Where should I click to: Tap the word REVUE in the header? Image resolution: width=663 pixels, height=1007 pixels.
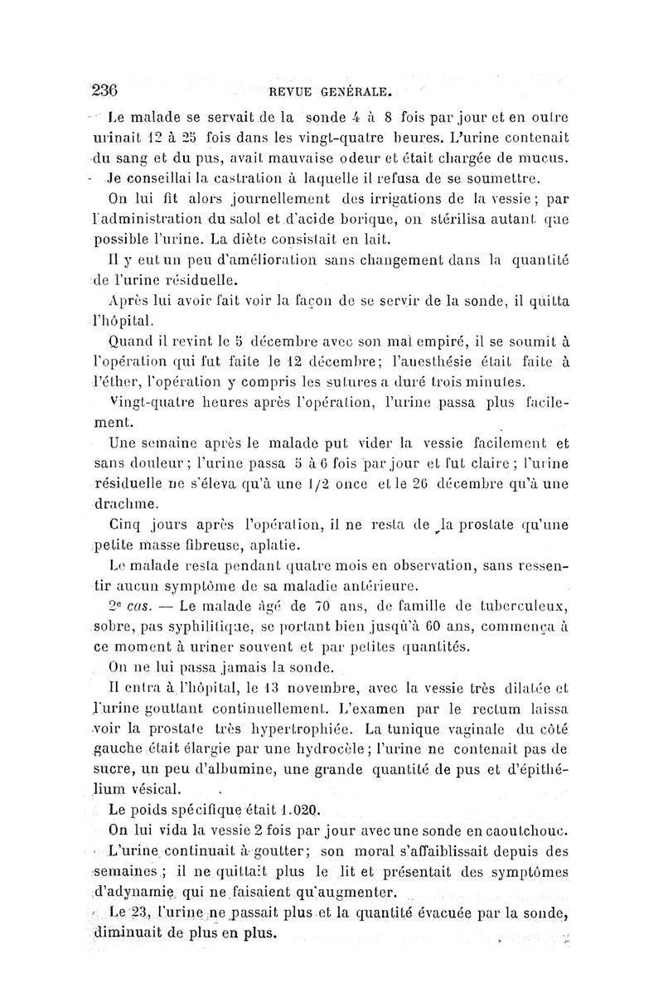click(282, 91)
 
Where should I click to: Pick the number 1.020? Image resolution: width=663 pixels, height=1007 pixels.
click(300, 808)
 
